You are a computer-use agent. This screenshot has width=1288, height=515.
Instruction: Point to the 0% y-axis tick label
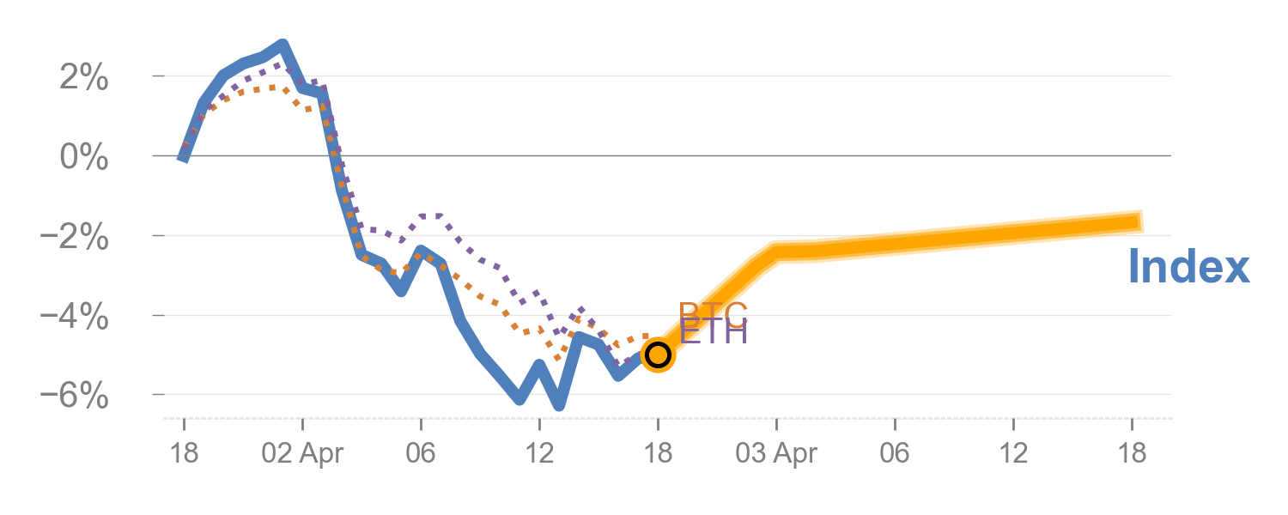[x=83, y=158]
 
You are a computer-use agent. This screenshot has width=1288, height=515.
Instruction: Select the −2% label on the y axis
[x=77, y=238]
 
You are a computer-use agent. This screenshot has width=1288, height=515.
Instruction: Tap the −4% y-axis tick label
[x=77, y=318]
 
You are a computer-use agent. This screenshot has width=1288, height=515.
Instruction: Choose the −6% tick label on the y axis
[x=77, y=397]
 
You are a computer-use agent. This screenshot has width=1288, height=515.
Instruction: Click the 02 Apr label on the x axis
[x=302, y=453]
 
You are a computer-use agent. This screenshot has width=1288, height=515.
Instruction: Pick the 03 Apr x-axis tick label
[x=776, y=453]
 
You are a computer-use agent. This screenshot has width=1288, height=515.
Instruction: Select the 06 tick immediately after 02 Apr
[x=421, y=453]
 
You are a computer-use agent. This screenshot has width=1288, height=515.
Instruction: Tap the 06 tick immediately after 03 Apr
[x=895, y=453]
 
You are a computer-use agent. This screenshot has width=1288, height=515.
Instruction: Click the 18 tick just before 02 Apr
[x=184, y=453]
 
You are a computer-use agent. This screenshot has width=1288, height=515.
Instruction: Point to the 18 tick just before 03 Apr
[x=658, y=453]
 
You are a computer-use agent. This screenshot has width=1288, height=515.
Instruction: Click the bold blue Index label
[x=1188, y=267]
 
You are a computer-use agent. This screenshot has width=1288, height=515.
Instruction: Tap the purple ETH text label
[x=713, y=331]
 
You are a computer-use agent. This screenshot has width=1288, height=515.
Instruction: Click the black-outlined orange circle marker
[x=658, y=354]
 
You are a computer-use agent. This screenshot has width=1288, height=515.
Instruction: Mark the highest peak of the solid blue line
[x=283, y=45]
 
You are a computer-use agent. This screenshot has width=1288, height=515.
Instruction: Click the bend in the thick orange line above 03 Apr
[x=776, y=251]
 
